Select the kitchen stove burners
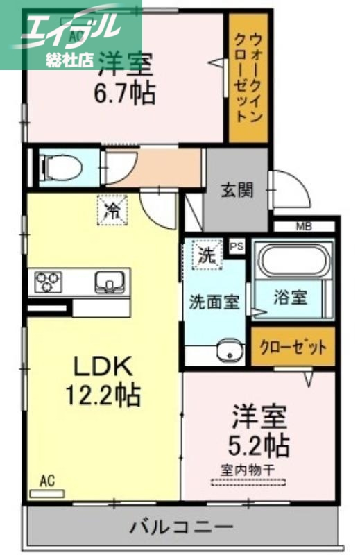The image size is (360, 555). tap(48, 282)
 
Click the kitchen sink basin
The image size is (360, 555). tap(108, 282)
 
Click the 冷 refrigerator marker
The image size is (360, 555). tap(111, 210)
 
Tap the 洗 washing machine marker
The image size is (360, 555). tap(206, 254)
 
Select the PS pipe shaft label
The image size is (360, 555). tap(237, 246)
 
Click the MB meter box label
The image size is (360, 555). tap(304, 226)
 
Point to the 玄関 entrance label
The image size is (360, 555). tap(237, 189)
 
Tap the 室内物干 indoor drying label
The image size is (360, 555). tap(248, 470)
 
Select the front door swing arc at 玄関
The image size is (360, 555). tap(290, 187)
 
